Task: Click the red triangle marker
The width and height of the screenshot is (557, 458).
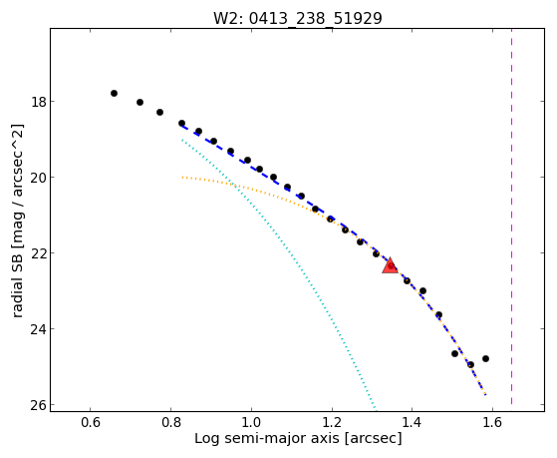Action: point(390,265)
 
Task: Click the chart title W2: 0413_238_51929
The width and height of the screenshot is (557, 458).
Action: point(297,18)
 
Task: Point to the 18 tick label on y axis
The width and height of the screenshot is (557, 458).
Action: point(38,102)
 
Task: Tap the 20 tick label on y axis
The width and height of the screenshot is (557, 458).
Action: point(38,178)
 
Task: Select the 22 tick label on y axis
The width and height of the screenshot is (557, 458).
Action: point(38,253)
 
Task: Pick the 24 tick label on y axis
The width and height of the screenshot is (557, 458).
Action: point(38,329)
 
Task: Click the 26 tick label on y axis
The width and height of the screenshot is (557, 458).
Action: point(38,405)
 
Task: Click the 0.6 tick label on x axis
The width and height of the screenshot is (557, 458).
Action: point(91,422)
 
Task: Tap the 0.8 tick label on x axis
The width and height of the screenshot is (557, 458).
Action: point(170,422)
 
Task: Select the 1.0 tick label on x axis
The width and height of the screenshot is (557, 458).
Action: point(251,422)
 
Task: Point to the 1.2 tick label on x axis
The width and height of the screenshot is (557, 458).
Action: point(332,422)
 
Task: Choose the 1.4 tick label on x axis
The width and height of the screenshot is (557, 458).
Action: point(412,422)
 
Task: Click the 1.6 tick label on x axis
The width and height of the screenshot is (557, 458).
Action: point(492,422)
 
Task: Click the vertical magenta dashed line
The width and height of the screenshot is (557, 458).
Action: point(511,217)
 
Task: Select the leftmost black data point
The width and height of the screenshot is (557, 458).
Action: point(114,93)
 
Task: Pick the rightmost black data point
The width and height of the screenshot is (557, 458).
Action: point(485,358)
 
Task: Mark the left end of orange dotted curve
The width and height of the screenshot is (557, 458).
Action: point(182,177)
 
